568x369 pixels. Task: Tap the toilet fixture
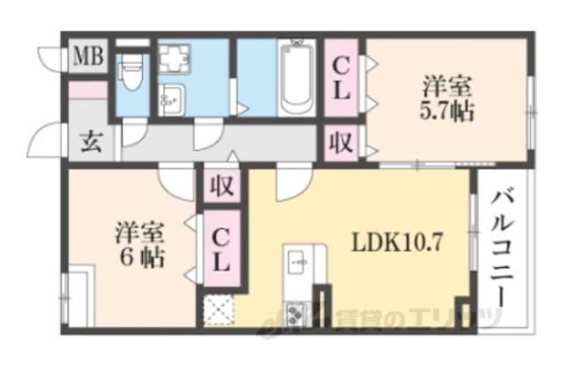131,70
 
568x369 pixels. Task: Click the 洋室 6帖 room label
140,248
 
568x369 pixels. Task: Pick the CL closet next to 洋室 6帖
221,250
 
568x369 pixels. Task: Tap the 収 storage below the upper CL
342,142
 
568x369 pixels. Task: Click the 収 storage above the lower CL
221,187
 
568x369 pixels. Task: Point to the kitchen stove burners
295,313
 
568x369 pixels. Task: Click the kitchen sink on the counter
296,263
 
